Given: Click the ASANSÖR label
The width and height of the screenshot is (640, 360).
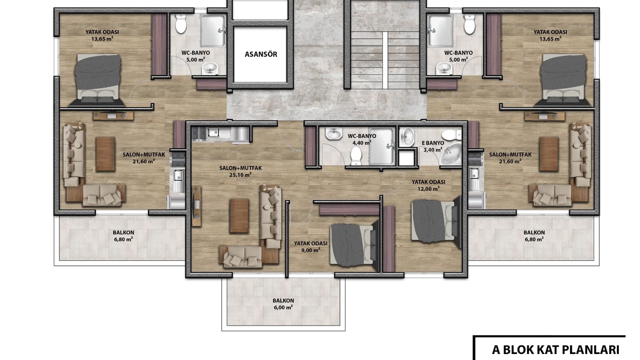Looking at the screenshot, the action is tap(261, 54).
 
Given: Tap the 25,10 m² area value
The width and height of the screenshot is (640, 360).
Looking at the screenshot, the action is tap(240, 175).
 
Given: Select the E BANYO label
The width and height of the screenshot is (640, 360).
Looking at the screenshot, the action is tap(433, 143).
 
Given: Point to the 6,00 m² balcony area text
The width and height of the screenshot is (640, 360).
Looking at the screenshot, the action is tap(283, 308).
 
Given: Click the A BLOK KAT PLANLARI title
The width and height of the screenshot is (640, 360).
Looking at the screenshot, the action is tap(556, 350).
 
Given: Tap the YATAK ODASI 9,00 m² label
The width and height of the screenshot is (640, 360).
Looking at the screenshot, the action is tap(310, 246).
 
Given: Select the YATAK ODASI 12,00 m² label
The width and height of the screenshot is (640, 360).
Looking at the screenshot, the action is tap(428, 185).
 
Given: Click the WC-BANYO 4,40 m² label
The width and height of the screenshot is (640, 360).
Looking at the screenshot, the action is tap(362, 139).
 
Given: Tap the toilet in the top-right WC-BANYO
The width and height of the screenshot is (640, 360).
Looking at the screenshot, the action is tap(470, 24).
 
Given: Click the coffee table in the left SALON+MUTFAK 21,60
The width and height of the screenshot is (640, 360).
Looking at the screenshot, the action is tap(106, 154).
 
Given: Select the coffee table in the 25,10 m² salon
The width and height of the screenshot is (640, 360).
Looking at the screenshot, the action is tap(239, 216).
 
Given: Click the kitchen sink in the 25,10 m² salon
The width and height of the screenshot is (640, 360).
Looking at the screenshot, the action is tap(214, 132).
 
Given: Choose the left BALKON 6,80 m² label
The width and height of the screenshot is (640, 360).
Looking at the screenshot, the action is tap(124, 236).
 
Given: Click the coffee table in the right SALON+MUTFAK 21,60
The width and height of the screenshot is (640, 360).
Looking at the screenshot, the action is tap(549, 154).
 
